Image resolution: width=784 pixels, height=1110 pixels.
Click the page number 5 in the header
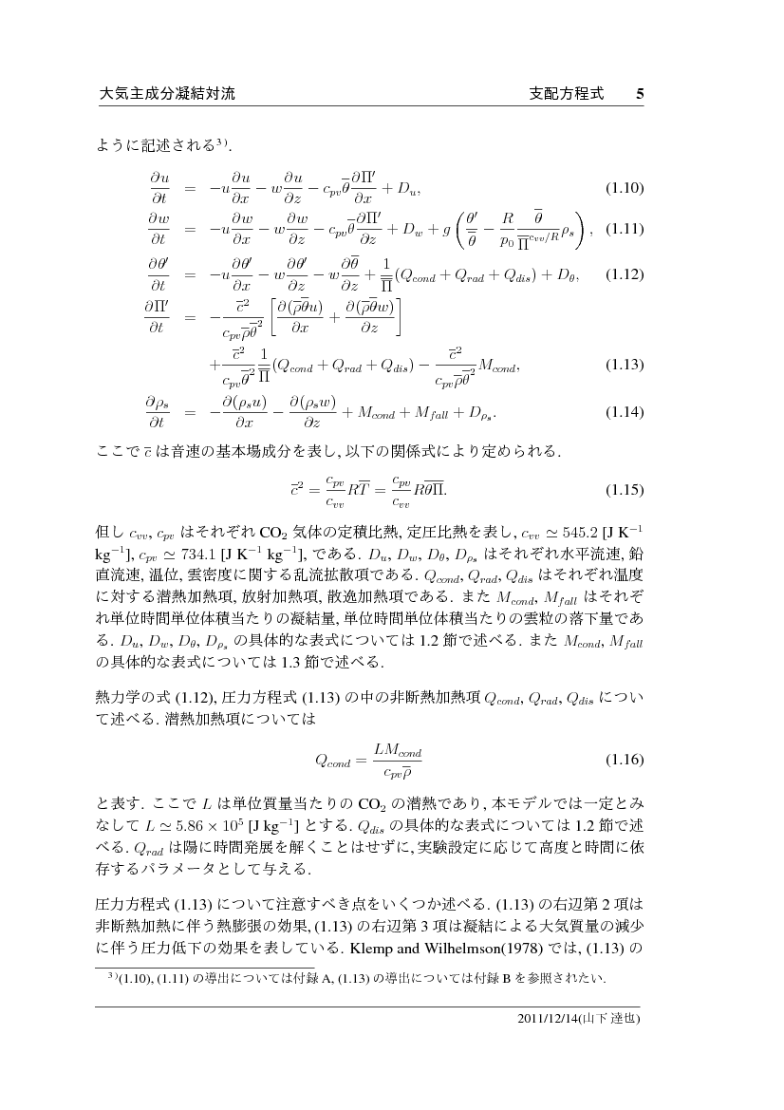pyautogui.click(x=640, y=94)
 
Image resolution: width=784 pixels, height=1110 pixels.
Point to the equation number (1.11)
pyautogui.click(x=625, y=230)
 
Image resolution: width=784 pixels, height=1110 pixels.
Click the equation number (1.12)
pyautogui.click(x=625, y=275)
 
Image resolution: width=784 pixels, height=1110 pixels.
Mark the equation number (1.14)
pyautogui.click(x=625, y=412)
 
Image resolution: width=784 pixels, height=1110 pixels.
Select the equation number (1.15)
pyautogui.click(x=625, y=490)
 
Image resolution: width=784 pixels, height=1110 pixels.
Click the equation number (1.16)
pyautogui.click(x=625, y=761)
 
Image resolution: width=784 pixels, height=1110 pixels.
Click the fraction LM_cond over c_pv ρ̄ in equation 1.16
pyautogui.click(x=397, y=761)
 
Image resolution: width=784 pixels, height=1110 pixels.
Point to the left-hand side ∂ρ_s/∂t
pyautogui.click(x=158, y=412)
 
